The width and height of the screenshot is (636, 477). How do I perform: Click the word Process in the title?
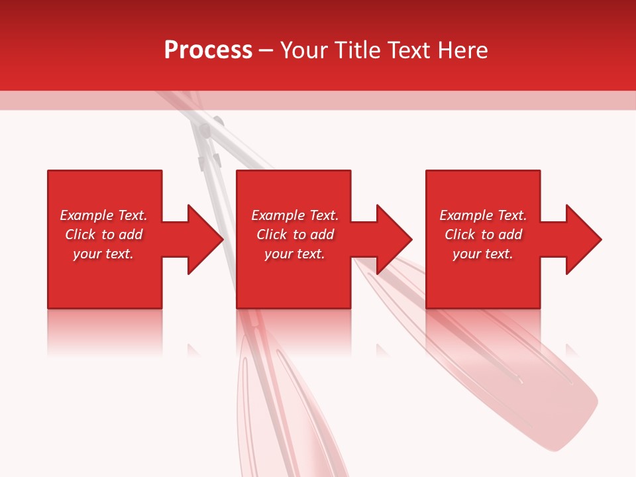pos(208,50)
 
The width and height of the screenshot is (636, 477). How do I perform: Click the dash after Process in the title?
pos(266,52)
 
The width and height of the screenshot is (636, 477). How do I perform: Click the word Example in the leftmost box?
pos(87,215)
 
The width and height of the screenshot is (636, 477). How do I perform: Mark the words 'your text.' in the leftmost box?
pos(103,254)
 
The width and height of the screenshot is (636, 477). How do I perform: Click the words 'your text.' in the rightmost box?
pos(483,254)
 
